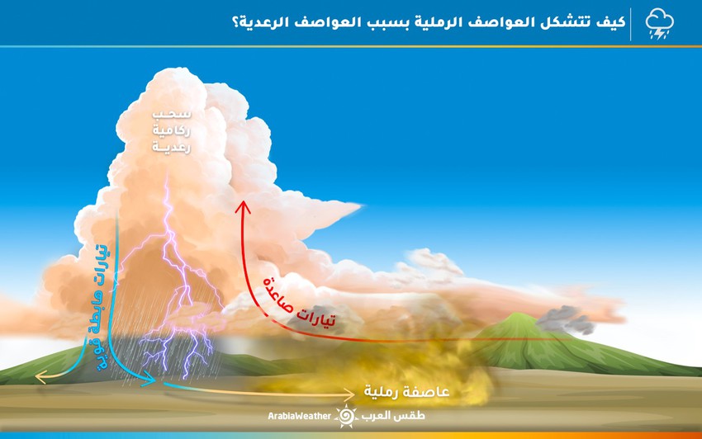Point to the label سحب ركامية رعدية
(x=172, y=130)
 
